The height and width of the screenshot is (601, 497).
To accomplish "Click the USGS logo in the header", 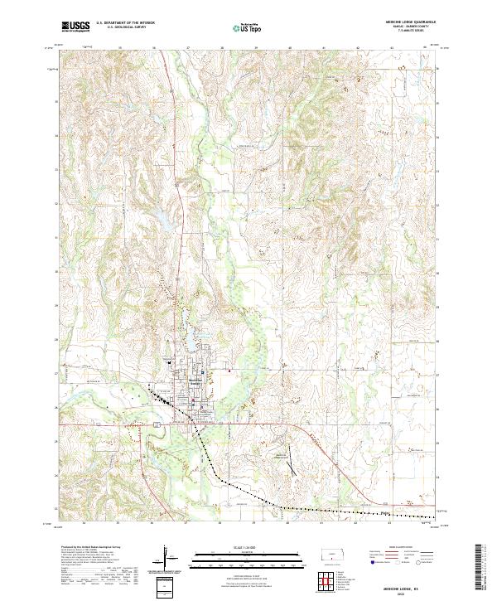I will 76,27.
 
